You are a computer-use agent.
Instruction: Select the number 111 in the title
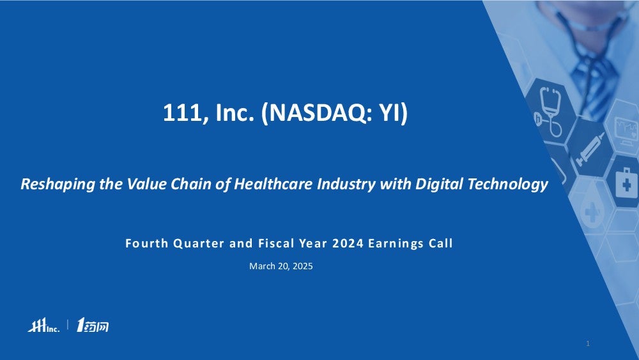point(182,113)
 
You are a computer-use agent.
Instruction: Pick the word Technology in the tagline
point(508,184)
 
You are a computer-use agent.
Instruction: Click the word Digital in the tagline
point(440,184)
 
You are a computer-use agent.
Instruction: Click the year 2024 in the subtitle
point(348,244)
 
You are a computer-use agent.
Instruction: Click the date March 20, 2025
point(281,266)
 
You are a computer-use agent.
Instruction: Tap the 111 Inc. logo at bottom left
point(43,325)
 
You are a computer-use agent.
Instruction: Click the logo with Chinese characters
point(93,325)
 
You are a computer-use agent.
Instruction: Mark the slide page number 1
point(588,343)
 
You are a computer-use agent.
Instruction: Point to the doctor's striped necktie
point(594,82)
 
